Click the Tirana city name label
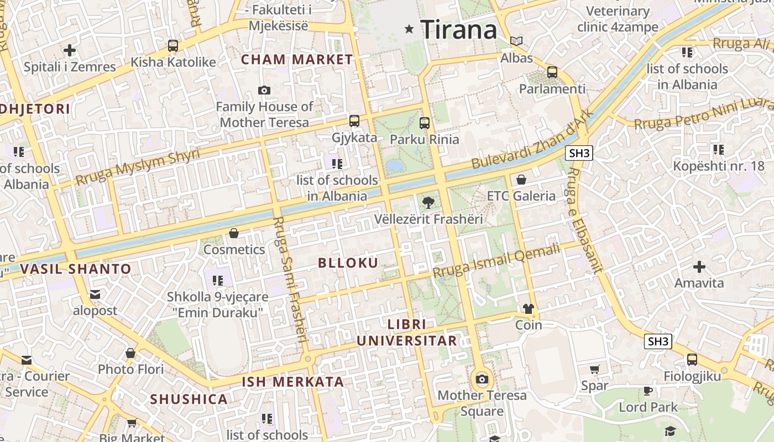click(x=459, y=29)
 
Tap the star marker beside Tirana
click(x=409, y=29)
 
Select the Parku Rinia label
click(x=425, y=139)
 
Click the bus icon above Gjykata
click(x=354, y=120)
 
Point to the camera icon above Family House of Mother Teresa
click(x=264, y=90)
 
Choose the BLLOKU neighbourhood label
click(x=348, y=263)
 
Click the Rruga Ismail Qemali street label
click(x=496, y=261)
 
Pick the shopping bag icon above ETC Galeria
click(x=521, y=180)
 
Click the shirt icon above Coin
click(x=529, y=308)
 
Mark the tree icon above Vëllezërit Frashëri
click(x=428, y=203)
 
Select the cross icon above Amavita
click(x=699, y=267)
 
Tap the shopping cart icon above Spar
click(x=595, y=369)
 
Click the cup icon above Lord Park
click(x=648, y=391)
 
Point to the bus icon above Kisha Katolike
click(x=173, y=45)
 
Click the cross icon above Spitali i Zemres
click(x=70, y=50)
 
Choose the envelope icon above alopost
click(x=95, y=294)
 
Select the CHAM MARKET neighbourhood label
click(x=297, y=60)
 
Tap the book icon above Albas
click(x=516, y=41)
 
